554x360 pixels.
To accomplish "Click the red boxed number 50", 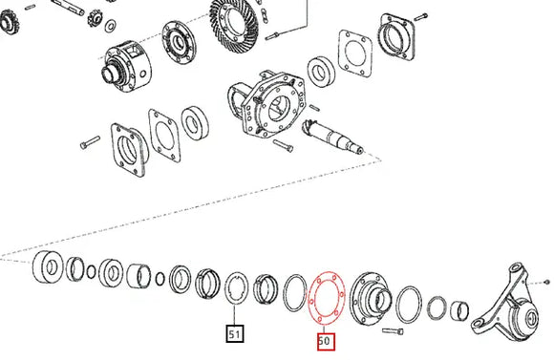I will pyautogui.click(x=324, y=340).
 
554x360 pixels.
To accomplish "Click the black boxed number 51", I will pyautogui.click(x=234, y=334).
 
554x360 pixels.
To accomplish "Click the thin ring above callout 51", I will pyautogui.click(x=234, y=286).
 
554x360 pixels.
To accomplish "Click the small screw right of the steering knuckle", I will pyautogui.click(x=546, y=283).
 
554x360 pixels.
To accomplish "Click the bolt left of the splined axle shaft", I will pyautogui.click(x=282, y=145).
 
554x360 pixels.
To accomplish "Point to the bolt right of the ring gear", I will pyautogui.click(x=274, y=36).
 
